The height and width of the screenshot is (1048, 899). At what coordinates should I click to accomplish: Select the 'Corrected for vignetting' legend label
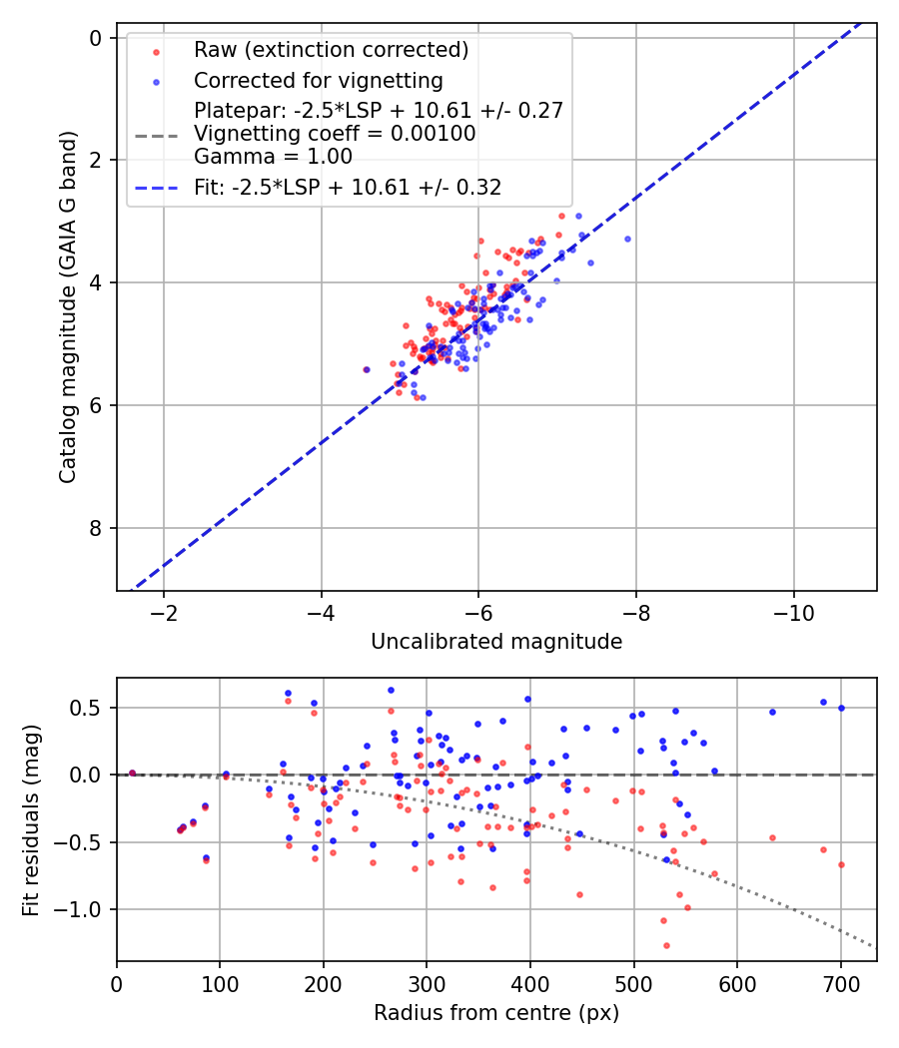coord(319,80)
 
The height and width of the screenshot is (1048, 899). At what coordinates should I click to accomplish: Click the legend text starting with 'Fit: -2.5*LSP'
coord(348,187)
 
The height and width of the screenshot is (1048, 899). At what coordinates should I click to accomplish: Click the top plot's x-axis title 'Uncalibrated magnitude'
coord(496,642)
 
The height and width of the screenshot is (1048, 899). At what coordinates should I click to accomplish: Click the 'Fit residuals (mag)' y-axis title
coord(31,819)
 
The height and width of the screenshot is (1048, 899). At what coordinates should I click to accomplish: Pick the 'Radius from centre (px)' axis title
coord(496,1013)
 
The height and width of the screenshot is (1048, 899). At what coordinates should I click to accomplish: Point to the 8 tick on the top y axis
coord(97,528)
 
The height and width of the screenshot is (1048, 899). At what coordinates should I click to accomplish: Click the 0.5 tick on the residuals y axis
coord(93,708)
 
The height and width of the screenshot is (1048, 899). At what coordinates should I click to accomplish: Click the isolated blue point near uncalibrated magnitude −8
coord(627,239)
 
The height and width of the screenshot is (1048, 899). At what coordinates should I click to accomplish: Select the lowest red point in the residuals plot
coord(666,945)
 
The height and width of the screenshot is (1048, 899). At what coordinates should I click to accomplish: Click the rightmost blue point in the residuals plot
coord(841,708)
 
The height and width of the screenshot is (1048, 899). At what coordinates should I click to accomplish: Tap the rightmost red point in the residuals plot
coord(841,864)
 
